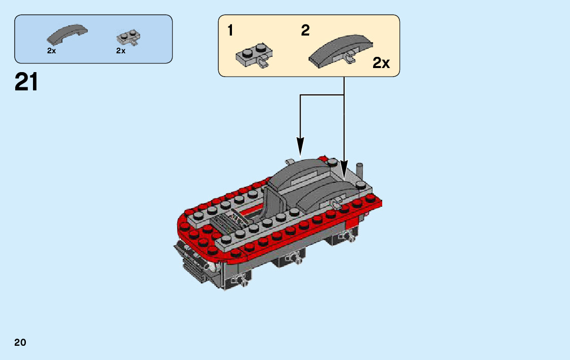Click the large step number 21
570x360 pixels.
[x=26, y=82]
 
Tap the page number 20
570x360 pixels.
[x=20, y=342]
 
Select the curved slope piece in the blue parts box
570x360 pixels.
[x=67, y=34]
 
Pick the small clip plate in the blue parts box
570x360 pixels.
[x=128, y=37]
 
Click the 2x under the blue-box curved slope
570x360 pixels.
[x=51, y=51]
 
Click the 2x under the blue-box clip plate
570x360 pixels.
[x=120, y=51]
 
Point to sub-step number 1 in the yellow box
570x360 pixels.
[x=230, y=31]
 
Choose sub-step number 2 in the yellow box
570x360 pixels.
[x=305, y=31]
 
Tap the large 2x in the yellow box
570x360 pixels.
[x=381, y=63]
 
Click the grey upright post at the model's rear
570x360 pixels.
[x=360, y=170]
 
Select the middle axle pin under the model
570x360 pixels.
[x=295, y=258]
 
